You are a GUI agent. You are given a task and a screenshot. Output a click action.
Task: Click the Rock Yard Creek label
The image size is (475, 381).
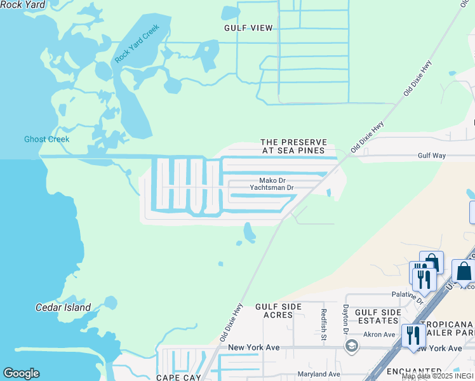point(137,44)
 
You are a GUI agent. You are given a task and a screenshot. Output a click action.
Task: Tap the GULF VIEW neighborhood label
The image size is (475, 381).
point(248,28)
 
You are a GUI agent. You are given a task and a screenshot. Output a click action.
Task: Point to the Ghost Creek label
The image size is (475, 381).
point(47,139)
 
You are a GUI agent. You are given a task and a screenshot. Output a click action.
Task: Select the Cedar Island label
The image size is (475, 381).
point(63,307)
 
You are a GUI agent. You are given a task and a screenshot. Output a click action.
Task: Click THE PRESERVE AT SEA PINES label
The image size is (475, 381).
point(294,147)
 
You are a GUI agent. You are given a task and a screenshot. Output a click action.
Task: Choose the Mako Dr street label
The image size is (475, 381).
point(272,180)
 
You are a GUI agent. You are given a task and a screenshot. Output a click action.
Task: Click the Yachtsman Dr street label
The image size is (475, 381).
point(272,188)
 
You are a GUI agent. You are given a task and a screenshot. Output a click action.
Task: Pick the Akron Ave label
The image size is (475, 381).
point(380,334)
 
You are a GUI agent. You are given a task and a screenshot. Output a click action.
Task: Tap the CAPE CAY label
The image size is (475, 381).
point(178,378)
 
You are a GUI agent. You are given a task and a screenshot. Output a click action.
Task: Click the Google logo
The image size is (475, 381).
point(21,373)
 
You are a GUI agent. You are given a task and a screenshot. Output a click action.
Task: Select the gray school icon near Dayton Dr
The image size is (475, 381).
point(351,346)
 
